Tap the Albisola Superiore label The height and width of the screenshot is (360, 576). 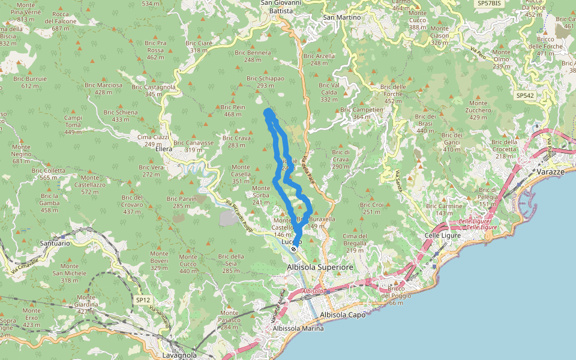pyautogui.click(x=317, y=266)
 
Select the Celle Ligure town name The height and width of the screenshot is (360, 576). pyautogui.click(x=442, y=235)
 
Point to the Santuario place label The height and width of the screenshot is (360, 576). pyautogui.click(x=55, y=244)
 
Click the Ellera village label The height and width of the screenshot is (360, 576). pyautogui.click(x=164, y=149)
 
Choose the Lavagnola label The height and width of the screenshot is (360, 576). pyautogui.click(x=179, y=355)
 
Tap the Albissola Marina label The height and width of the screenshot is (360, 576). pyautogui.click(x=298, y=328)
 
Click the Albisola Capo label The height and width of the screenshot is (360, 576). pyautogui.click(x=343, y=314)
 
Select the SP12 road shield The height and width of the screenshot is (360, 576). pyautogui.click(x=142, y=299)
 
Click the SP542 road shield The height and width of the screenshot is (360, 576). pyautogui.click(x=524, y=95)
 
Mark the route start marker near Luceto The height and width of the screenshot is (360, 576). pyautogui.click(x=293, y=248)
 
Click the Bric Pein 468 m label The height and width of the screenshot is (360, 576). pyautogui.click(x=233, y=110)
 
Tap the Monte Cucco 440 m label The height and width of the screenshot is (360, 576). pyautogui.click(x=188, y=267)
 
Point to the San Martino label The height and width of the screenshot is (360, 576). pyautogui.click(x=342, y=17)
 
